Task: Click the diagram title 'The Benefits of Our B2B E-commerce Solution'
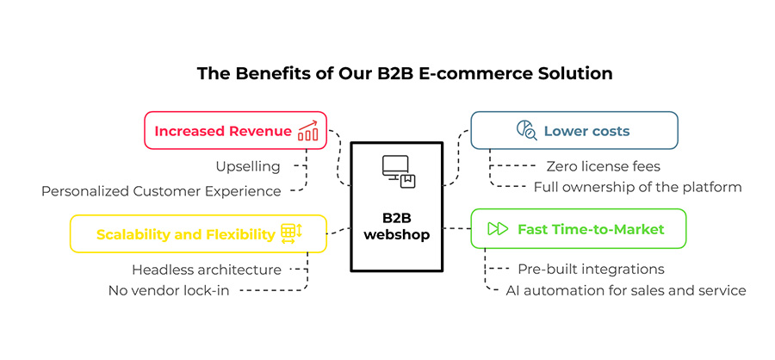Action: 405,74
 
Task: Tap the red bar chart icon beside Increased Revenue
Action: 307,131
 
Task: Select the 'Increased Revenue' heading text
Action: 223,132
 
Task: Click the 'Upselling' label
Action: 247,166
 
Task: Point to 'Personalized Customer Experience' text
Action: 161,191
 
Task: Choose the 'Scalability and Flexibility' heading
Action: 186,234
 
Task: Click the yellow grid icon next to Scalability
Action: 291,233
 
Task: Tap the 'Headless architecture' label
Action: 207,270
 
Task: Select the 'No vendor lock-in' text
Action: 169,290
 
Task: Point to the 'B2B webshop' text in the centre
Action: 396,226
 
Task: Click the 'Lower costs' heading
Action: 586,131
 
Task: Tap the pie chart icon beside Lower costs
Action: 526,131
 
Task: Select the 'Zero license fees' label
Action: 603,166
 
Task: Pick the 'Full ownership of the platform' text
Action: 637,187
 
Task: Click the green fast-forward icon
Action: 498,229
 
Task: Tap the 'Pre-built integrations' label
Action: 591,270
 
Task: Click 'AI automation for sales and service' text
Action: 626,290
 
